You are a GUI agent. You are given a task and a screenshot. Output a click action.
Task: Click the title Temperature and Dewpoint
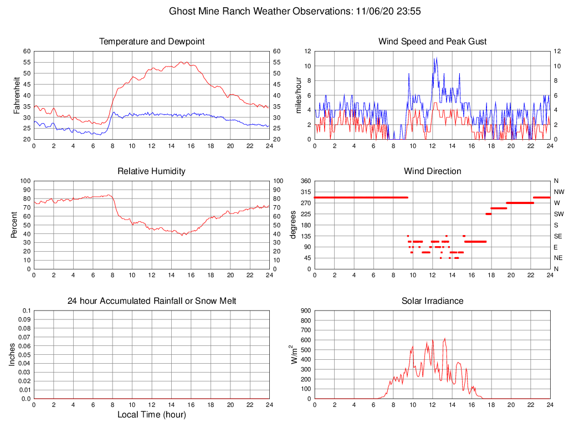click(x=151, y=42)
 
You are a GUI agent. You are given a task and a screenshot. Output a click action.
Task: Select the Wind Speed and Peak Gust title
click(x=432, y=42)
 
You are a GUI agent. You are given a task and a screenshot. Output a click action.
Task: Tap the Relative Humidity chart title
click(x=151, y=171)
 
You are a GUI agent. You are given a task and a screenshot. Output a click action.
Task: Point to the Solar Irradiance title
click(x=432, y=301)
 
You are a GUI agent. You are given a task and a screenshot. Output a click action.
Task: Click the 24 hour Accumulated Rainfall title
click(x=151, y=301)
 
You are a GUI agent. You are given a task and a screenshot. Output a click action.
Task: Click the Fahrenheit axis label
click(x=17, y=95)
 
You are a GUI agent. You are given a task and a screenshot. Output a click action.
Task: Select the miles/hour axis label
click(x=299, y=95)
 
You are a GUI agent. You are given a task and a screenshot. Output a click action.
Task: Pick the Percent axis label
click(x=14, y=225)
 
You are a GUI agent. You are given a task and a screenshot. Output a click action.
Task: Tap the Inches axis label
click(x=12, y=355)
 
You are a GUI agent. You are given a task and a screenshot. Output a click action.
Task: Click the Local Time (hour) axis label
click(x=151, y=415)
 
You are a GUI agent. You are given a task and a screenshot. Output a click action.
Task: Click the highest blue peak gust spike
click(x=437, y=58)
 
